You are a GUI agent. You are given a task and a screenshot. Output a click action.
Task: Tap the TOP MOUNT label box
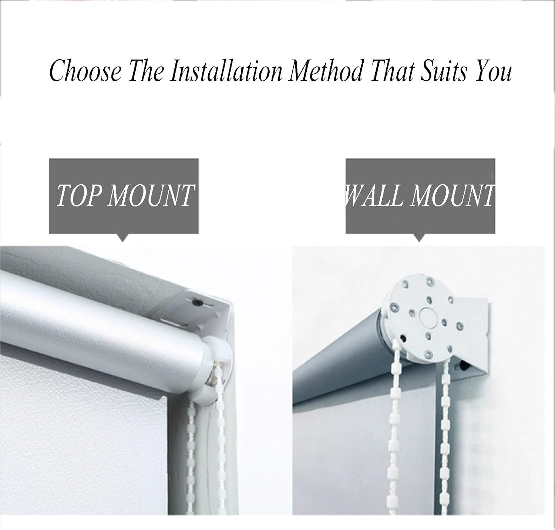pos(124,196)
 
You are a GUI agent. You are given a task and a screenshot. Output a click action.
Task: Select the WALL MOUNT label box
pos(420,196)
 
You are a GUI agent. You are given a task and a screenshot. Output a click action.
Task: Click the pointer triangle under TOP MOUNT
pos(122,237)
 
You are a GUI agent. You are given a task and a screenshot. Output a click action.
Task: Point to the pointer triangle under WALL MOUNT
pos(419,237)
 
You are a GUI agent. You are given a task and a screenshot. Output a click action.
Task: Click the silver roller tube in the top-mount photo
pos(100,322)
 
